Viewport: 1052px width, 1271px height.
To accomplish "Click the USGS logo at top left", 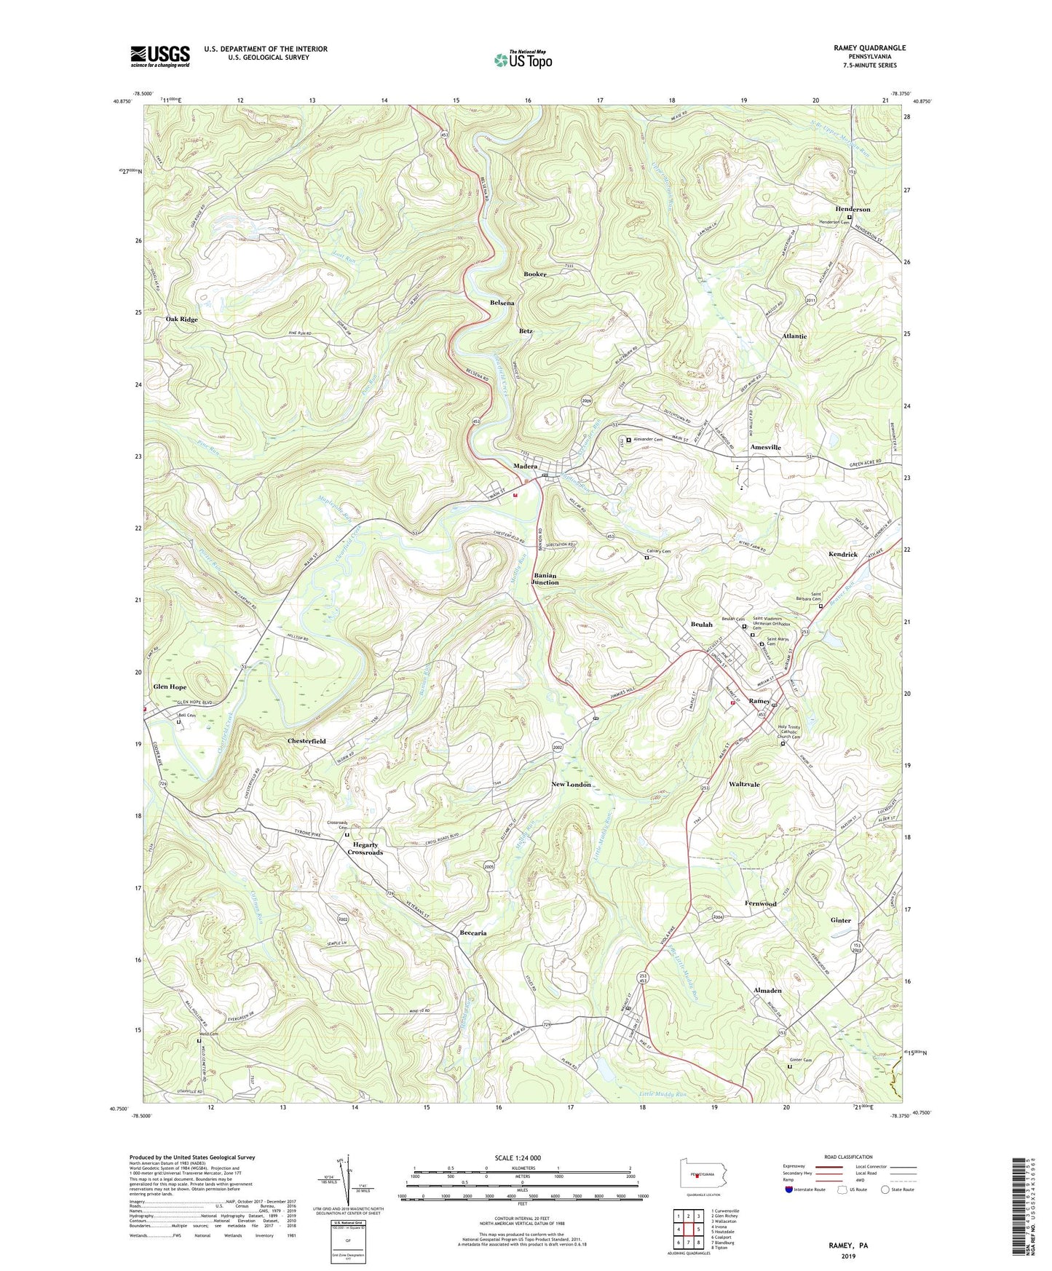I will click(x=159, y=56).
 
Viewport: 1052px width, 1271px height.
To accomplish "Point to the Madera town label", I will click(x=525, y=466).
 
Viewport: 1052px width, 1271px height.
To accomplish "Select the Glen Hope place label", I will click(x=170, y=686).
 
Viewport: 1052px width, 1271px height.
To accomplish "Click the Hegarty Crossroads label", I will click(x=365, y=848).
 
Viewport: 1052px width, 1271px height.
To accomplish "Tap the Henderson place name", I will click(x=852, y=210).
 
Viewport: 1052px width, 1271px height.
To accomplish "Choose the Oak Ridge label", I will click(x=181, y=320).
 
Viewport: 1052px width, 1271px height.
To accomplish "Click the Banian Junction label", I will click(x=545, y=579).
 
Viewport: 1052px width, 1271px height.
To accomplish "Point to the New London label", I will click(x=571, y=784).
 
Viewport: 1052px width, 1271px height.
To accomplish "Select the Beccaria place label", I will click(x=473, y=933).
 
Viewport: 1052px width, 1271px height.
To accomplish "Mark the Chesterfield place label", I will click(x=306, y=741).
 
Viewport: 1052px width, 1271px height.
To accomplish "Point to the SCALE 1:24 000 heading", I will click(x=518, y=1158).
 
